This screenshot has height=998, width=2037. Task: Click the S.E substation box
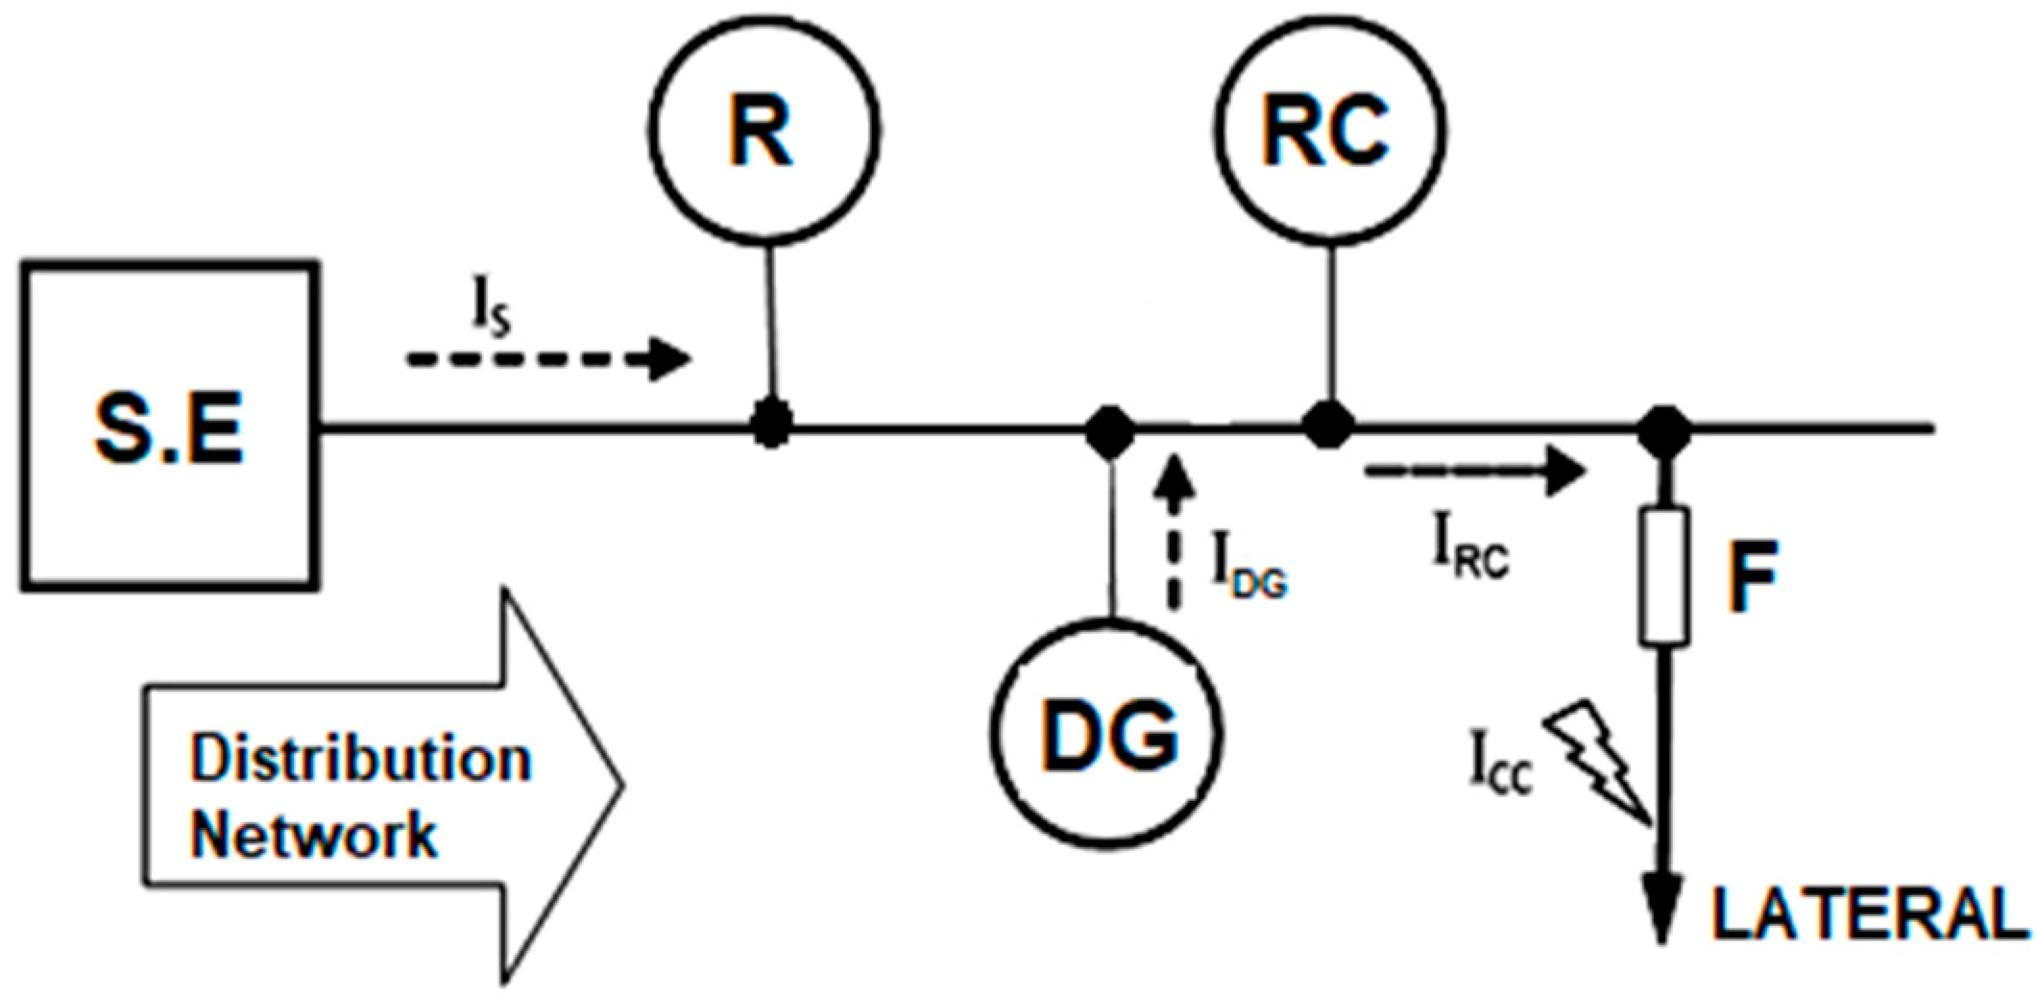[170, 425]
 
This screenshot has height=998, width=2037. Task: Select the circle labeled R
[764, 131]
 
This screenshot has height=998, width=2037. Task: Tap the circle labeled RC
[1330, 131]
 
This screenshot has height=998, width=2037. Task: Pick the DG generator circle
[1107, 736]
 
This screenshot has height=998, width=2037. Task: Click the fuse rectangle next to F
[1663, 575]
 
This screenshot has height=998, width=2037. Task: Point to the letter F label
[1753, 576]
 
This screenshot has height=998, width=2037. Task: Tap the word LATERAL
[1868, 914]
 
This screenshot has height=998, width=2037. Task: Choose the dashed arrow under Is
[548, 359]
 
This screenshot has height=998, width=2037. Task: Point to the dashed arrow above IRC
[1473, 472]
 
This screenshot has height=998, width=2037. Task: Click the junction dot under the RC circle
[1328, 425]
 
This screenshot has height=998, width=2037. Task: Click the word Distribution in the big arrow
[360, 758]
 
